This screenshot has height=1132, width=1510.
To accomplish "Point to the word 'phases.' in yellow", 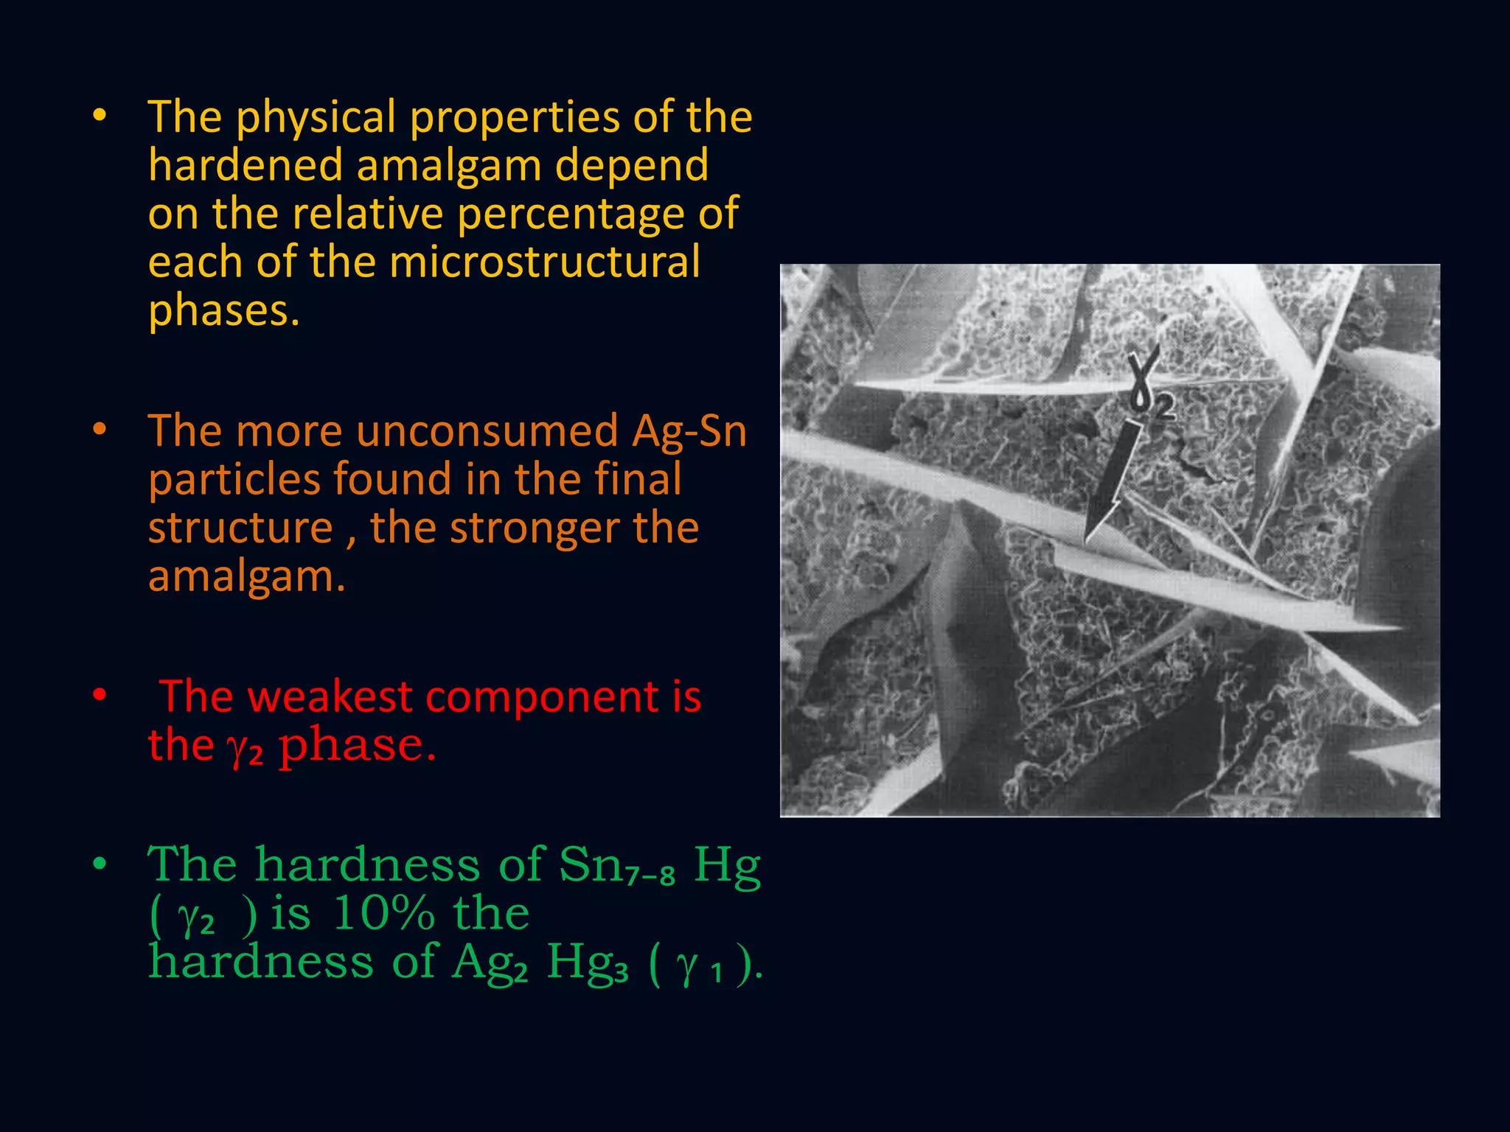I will [224, 311].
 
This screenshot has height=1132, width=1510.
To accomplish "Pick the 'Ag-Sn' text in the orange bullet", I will [689, 431].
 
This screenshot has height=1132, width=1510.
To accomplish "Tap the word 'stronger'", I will [535, 528].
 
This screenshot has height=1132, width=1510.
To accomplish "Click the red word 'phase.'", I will [358, 746].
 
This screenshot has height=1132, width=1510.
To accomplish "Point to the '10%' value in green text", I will [383, 914].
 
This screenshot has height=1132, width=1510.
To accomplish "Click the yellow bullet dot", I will [100, 115].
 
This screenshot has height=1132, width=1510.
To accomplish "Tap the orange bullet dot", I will [100, 429].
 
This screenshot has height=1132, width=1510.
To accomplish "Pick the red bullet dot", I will [100, 694].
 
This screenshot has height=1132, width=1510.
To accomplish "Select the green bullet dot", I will [100, 863].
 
